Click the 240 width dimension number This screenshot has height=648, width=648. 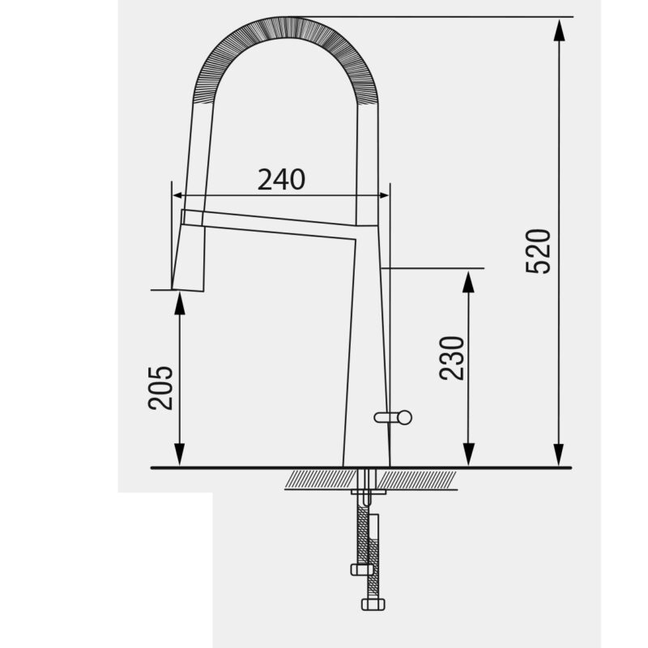click(281, 180)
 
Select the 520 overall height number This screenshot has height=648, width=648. click(538, 251)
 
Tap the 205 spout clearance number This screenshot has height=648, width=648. click(160, 387)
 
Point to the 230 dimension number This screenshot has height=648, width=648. click(452, 357)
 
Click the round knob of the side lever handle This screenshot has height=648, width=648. click(404, 417)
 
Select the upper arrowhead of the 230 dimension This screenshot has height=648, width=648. click(467, 280)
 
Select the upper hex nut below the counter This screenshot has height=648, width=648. click(362, 569)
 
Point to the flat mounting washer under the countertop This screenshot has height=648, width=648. click(369, 491)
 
